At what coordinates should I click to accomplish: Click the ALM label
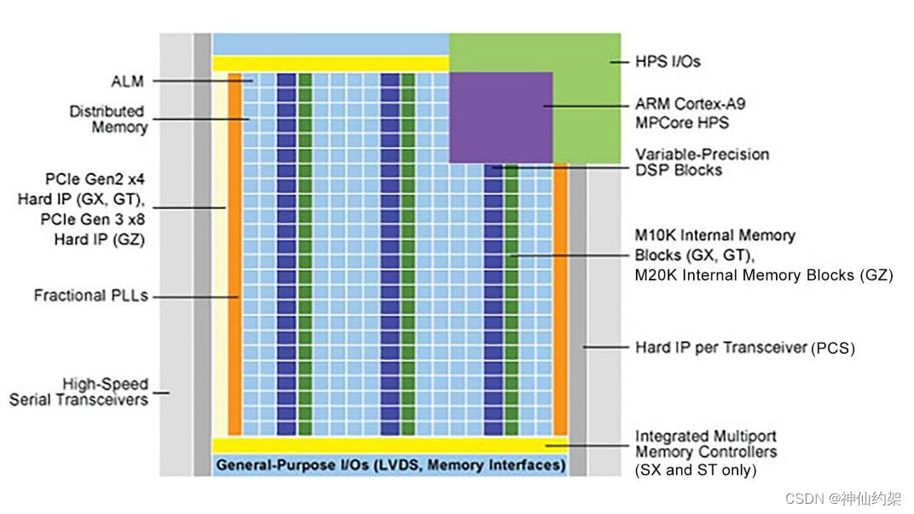(128, 82)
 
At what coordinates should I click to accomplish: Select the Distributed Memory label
(107, 119)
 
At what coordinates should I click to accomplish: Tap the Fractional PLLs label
(90, 296)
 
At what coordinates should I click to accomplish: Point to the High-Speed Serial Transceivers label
(78, 392)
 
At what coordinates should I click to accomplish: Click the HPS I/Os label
(668, 61)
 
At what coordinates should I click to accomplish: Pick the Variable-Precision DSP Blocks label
(702, 162)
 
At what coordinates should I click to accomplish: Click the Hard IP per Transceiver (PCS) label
(744, 347)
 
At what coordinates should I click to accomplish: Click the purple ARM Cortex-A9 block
(500, 117)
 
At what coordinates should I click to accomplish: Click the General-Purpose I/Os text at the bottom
(390, 465)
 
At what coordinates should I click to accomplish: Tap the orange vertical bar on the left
(234, 256)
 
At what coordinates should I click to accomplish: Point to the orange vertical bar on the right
(560, 298)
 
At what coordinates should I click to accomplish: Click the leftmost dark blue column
(286, 256)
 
